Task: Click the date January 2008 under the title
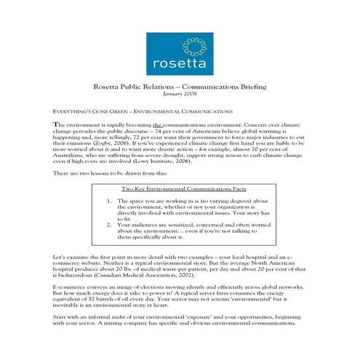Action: (180, 94)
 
